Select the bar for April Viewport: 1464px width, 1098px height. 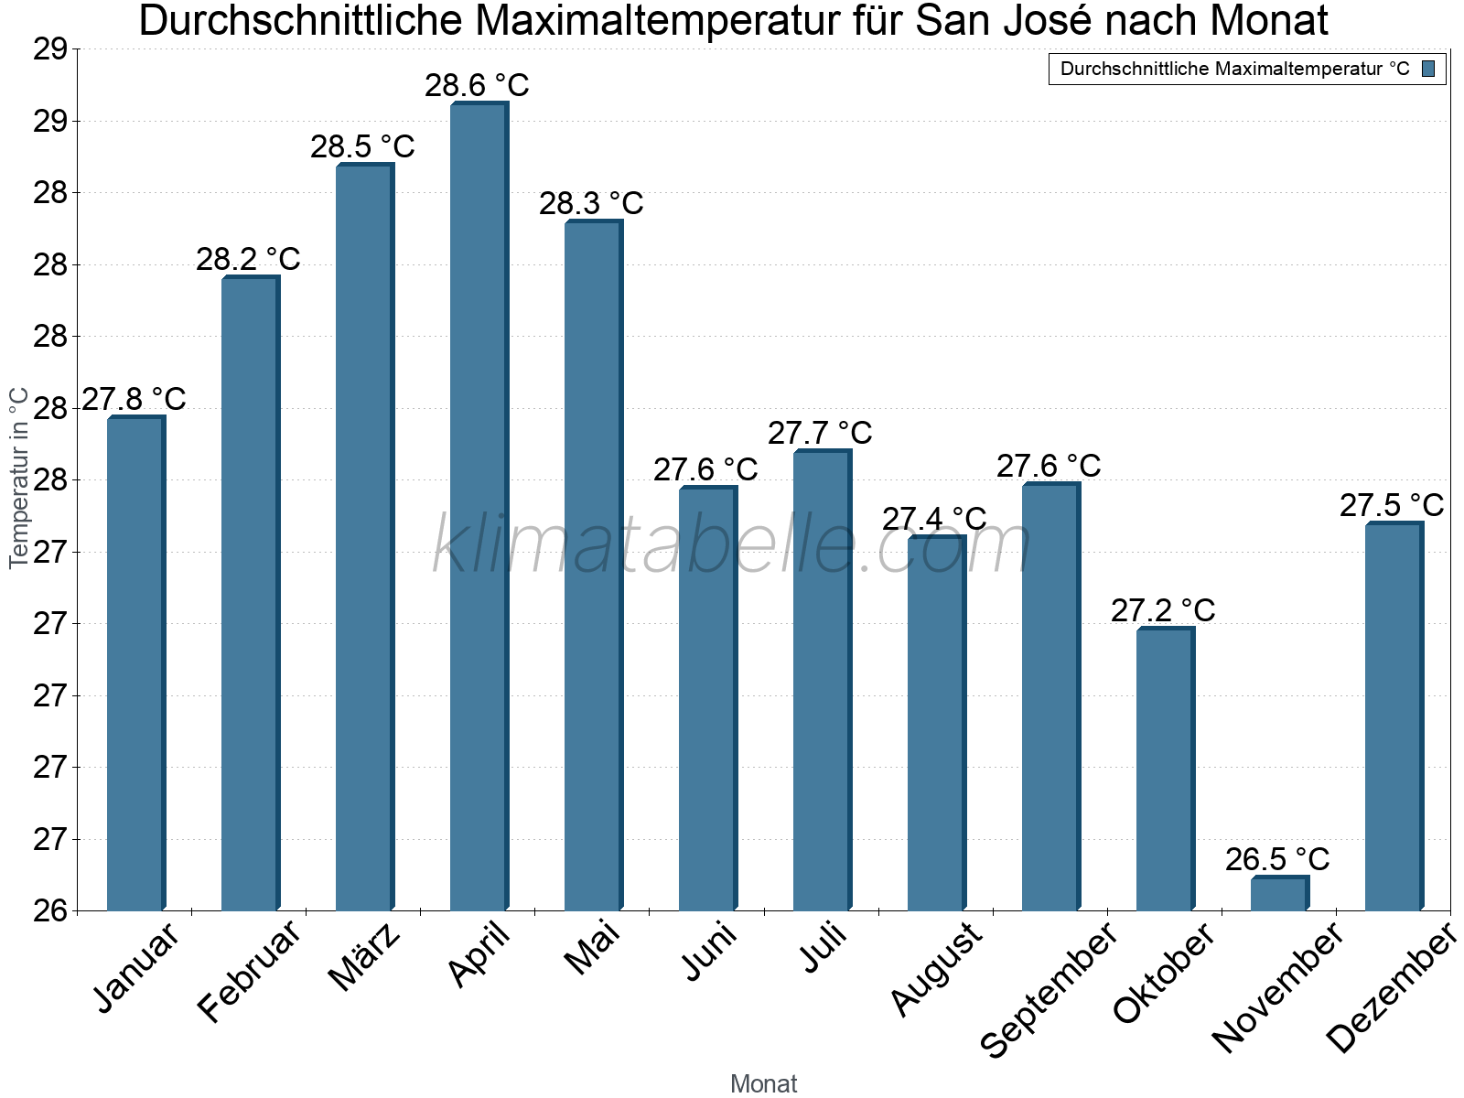tap(478, 508)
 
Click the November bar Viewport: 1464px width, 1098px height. tap(1278, 894)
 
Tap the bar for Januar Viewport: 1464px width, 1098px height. tap(135, 663)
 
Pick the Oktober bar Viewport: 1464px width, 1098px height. tap(1164, 769)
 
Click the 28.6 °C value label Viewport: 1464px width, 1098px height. tap(477, 85)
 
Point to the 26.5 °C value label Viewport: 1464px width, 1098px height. tap(1277, 859)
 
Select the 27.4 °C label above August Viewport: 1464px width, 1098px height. tap(934, 519)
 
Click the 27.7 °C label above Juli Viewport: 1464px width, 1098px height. tap(820, 433)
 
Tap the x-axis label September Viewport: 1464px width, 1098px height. tap(1050, 989)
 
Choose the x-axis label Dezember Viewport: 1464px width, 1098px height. tap(1391, 988)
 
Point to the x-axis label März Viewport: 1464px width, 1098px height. tap(364, 957)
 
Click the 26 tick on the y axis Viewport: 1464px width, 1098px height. tap(50, 910)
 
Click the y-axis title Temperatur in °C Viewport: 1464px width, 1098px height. tap(19, 478)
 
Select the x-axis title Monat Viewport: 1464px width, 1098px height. tap(763, 1083)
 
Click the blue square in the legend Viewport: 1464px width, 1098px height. tap(1428, 69)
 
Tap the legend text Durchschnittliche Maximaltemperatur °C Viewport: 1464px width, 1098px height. tap(1234, 69)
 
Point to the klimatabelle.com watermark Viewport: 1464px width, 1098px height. tap(732, 544)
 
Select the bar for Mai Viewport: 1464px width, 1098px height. tap(592, 567)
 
